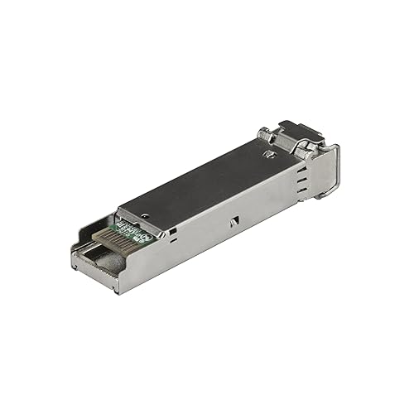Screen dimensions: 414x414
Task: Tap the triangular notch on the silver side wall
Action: [233, 221]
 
